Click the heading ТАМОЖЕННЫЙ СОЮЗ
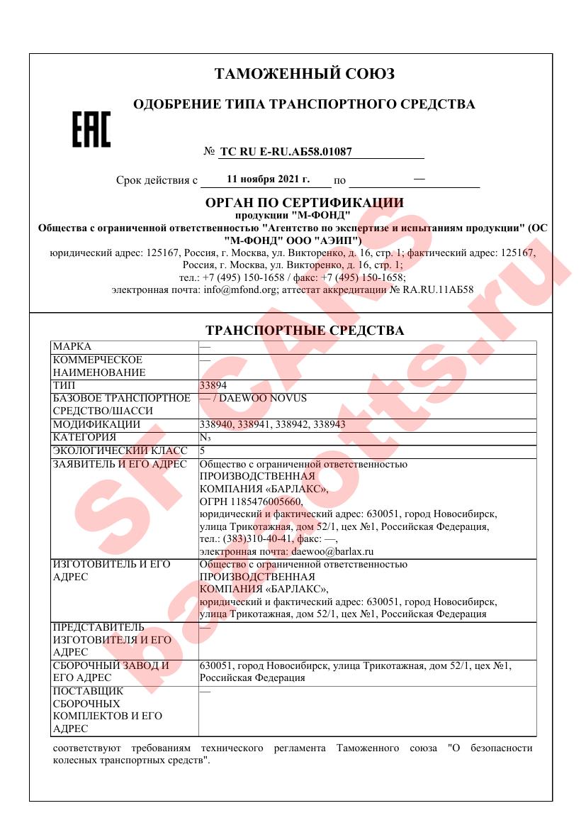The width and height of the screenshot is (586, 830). click(x=304, y=74)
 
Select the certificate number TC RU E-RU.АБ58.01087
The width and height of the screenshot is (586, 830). click(x=286, y=151)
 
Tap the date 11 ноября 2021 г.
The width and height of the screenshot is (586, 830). click(x=268, y=179)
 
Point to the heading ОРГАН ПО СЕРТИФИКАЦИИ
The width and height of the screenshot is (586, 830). click(x=304, y=203)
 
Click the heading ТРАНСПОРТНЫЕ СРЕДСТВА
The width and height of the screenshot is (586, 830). click(x=304, y=331)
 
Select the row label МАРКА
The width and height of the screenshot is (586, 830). click(x=72, y=346)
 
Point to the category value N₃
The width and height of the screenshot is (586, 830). click(x=204, y=438)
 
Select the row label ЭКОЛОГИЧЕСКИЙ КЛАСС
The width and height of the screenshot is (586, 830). click(x=120, y=450)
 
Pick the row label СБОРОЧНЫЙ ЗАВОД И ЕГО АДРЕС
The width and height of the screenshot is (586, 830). click(x=111, y=672)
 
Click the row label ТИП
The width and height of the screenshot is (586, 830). click(x=64, y=385)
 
